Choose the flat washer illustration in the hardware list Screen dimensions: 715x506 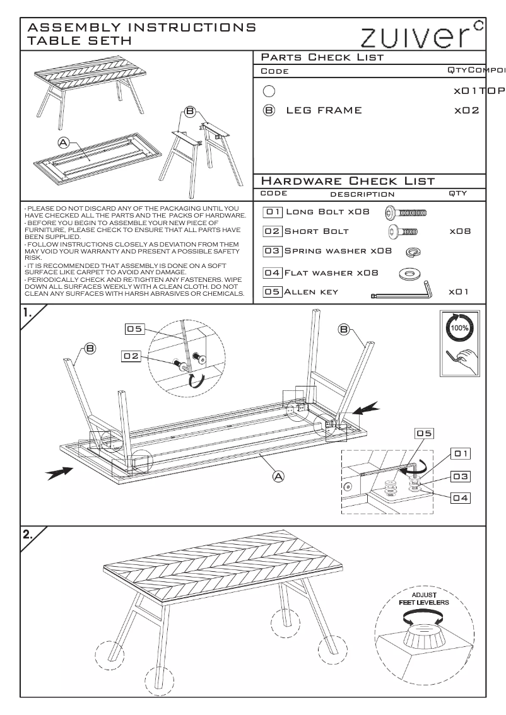point(410,273)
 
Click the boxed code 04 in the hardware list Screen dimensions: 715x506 point(273,273)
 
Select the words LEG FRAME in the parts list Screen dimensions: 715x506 point(324,110)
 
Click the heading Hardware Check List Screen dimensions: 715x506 point(348,182)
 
